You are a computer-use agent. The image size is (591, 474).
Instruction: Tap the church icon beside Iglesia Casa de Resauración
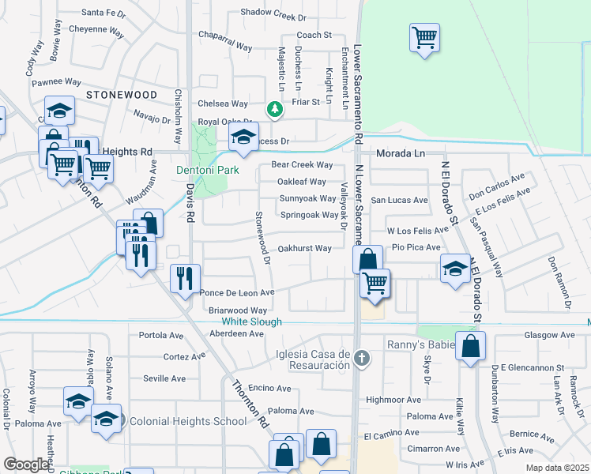pyautogui.click(x=362, y=359)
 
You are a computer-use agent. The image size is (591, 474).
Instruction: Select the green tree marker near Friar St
pyautogui.click(x=274, y=109)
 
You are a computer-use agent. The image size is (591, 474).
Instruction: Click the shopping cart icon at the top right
pyautogui.click(x=424, y=37)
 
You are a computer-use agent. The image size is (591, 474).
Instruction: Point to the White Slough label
pyautogui.click(x=251, y=322)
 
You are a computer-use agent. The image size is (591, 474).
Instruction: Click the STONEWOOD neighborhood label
pyautogui.click(x=122, y=94)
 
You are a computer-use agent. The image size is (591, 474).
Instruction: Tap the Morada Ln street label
pyautogui.click(x=401, y=152)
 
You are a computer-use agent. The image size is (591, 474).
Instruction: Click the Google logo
pyautogui.click(x=26, y=465)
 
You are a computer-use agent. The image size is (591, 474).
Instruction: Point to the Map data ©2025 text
pyautogui.click(x=558, y=468)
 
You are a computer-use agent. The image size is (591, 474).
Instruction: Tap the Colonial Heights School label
pyautogui.click(x=188, y=421)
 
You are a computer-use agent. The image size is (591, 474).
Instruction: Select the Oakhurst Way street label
pyautogui.click(x=305, y=248)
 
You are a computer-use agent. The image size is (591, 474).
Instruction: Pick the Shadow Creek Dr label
pyautogui.click(x=273, y=16)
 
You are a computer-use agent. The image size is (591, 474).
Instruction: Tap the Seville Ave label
pyautogui.click(x=164, y=378)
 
